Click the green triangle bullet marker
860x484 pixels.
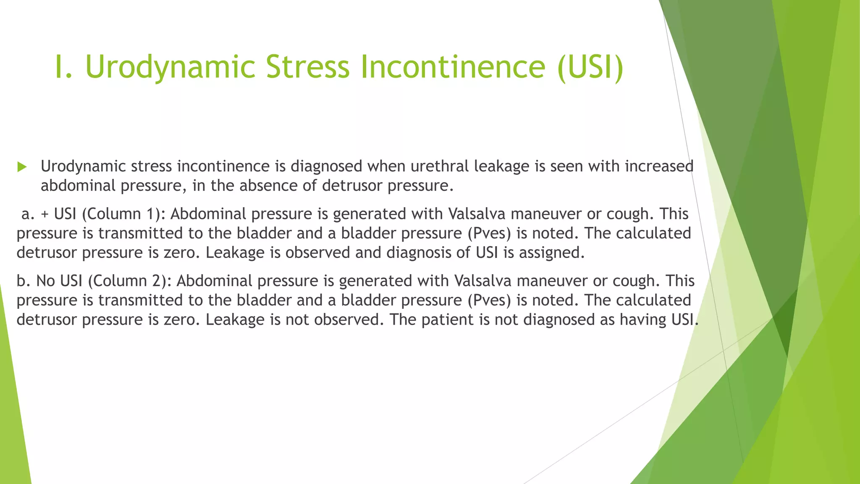[22, 167]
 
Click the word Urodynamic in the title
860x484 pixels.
[170, 67]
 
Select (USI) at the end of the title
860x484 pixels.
[590, 67]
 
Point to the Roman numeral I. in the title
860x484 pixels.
[64, 67]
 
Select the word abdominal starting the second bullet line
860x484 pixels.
[78, 186]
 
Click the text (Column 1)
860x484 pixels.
[123, 214]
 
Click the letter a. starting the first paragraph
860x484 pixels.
[28, 214]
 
